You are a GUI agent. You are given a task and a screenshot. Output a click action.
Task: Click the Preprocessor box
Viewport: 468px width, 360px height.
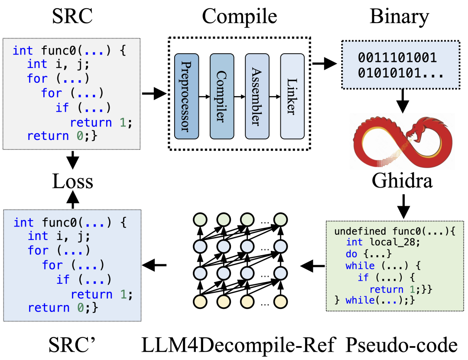pyautogui.click(x=186, y=93)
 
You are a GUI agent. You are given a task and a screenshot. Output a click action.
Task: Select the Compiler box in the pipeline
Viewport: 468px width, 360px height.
pyautogui.click(x=222, y=93)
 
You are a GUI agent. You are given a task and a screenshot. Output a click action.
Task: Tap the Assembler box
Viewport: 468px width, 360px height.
pyautogui.click(x=257, y=93)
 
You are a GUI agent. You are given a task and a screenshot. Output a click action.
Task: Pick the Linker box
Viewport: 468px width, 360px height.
pyautogui.click(x=292, y=93)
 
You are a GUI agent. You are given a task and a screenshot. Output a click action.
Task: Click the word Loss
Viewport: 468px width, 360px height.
pyautogui.click(x=72, y=182)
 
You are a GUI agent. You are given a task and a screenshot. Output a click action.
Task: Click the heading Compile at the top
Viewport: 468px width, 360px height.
pyautogui.click(x=239, y=17)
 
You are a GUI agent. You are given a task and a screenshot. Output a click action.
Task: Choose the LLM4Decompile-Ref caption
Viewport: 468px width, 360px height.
pyautogui.click(x=238, y=346)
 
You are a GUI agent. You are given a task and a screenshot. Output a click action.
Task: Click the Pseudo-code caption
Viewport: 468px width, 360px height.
pyautogui.click(x=402, y=346)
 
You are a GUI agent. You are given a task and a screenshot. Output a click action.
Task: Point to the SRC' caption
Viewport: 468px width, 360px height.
pyautogui.click(x=72, y=346)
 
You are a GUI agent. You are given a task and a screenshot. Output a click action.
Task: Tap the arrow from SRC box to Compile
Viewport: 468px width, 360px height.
pyautogui.click(x=153, y=94)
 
